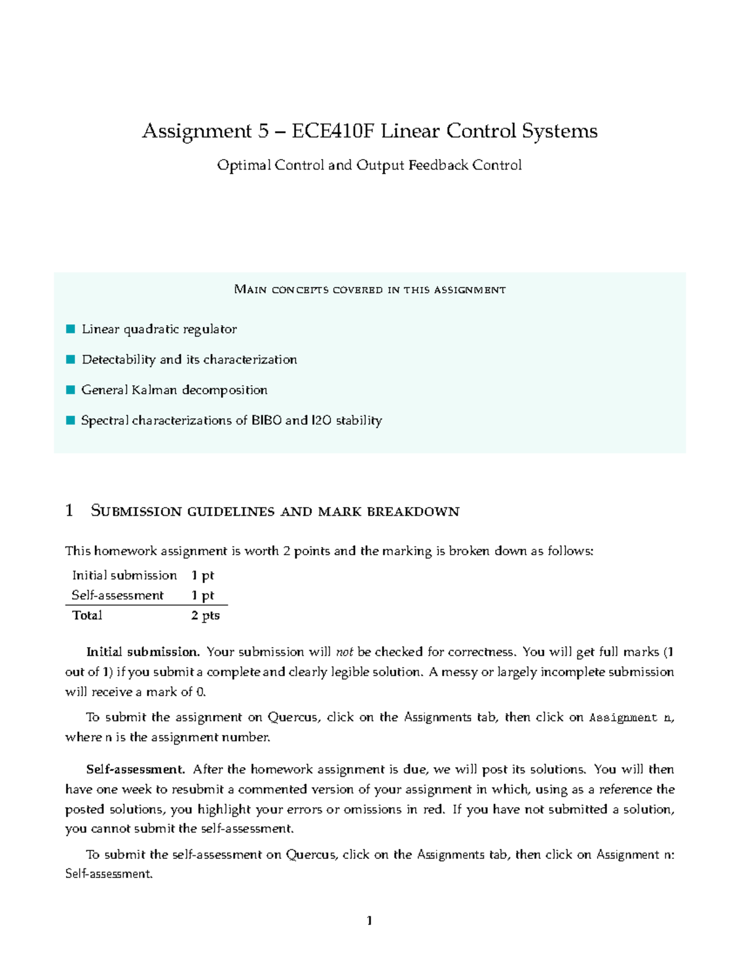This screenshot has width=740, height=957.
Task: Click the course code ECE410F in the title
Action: [x=333, y=131]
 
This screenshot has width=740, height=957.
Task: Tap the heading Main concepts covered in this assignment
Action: [x=370, y=290]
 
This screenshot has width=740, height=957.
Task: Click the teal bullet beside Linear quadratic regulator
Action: [x=70, y=329]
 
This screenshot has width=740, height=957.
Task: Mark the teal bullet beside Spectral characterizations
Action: [x=70, y=420]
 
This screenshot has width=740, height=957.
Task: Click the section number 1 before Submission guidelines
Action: [x=69, y=510]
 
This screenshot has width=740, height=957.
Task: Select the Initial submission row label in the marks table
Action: [x=124, y=576]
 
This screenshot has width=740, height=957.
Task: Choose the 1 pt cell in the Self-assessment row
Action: [x=202, y=595]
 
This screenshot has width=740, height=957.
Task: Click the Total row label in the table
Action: [x=87, y=615]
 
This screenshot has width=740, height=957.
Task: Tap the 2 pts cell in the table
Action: [x=205, y=615]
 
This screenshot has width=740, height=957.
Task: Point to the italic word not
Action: [x=344, y=652]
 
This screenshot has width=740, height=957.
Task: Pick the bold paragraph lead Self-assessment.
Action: [x=135, y=769]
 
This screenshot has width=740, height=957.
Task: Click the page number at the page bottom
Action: [x=369, y=921]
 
